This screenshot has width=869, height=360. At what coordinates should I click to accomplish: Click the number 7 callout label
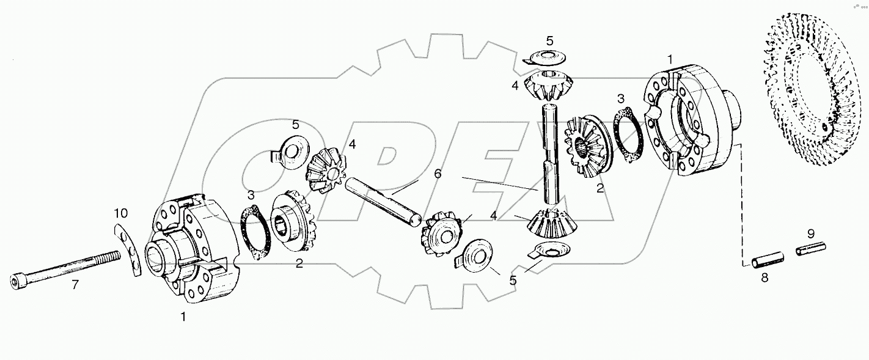click(75, 285)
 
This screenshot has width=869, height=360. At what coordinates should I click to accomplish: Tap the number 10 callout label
click(120, 213)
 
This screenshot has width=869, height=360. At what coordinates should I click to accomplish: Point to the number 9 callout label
click(811, 233)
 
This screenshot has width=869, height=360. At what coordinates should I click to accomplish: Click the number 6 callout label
click(437, 174)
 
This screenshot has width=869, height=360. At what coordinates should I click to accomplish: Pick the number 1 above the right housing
click(670, 59)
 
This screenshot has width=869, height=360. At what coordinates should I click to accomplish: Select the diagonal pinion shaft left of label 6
click(382, 199)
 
